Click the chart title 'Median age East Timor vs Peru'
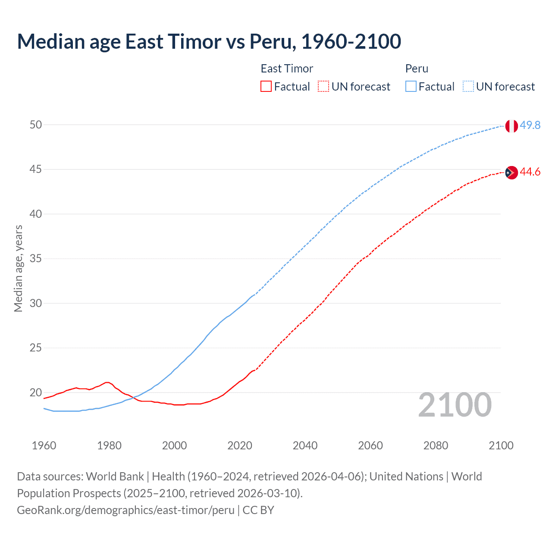209,42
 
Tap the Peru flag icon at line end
511,126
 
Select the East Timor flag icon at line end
511,172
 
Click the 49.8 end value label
530,125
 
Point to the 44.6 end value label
530,172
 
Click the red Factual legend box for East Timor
266,87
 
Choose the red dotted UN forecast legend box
323,87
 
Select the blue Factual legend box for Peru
411,87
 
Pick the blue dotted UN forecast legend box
468,87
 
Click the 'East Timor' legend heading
287,69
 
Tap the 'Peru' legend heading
417,69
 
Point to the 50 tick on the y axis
36,125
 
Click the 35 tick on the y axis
36,259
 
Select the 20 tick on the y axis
36,392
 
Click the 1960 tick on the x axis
44,445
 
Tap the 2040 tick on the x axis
305,445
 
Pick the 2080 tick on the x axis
436,445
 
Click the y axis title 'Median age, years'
18,268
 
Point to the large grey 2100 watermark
455,405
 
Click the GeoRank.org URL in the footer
125,510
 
